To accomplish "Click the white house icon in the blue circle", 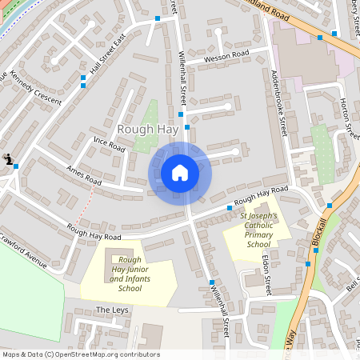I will point(179,172).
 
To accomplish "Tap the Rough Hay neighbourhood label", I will point(142,129).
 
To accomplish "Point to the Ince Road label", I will point(110,143).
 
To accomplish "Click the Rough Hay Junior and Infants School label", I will point(129,274).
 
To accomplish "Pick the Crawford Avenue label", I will point(24,252).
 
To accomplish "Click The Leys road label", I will point(112,310).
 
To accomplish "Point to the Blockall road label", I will point(322,229).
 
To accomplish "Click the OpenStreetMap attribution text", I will point(80,354).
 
